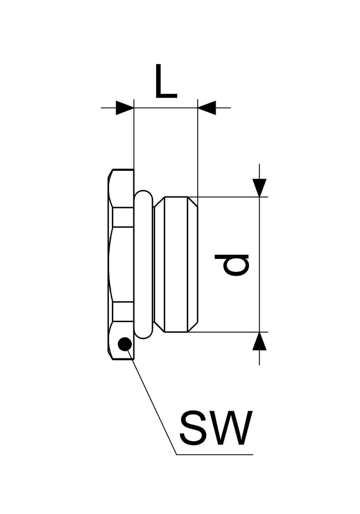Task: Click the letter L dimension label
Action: pyautogui.click(x=166, y=81)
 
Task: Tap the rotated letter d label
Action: pyautogui.click(x=232, y=265)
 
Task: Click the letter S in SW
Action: pyautogui.click(x=192, y=428)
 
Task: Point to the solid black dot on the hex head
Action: pyautogui.click(x=125, y=344)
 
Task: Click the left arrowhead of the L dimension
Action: pyautogui.click(x=125, y=108)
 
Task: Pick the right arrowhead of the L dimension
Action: pyautogui.click(x=207, y=108)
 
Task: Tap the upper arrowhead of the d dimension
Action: pyautogui.click(x=260, y=188)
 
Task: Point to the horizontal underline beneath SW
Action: pyautogui.click(x=215, y=455)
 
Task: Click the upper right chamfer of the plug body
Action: pyautogui.click(x=193, y=202)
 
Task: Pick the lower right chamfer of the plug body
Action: pyautogui.click(x=193, y=326)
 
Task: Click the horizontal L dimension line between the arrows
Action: pyautogui.click(x=166, y=108)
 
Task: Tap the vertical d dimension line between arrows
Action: pyautogui.click(x=260, y=265)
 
